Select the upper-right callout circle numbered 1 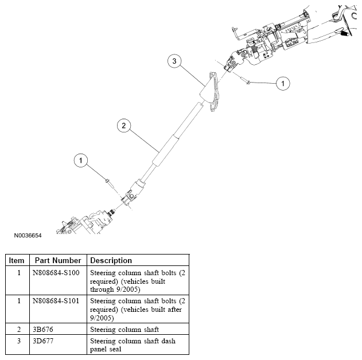point(282,84)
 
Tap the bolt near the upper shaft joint point(246,82)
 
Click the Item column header point(17,260)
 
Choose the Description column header point(111,260)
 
